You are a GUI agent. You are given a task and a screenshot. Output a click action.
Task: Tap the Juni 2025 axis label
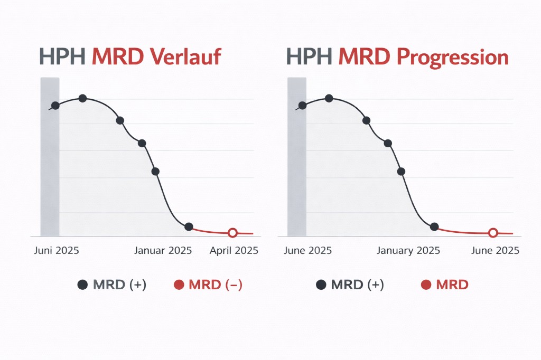coord(57,251)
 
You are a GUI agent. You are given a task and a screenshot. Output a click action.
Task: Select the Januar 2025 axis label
coord(163,251)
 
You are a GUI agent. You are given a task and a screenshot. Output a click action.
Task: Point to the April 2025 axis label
coord(234,251)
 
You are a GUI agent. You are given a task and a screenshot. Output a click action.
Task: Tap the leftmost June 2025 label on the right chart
coord(307,251)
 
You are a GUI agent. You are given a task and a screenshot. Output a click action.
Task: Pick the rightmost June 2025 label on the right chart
coord(495,251)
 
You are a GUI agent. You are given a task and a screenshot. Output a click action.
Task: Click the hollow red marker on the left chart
coord(232,233)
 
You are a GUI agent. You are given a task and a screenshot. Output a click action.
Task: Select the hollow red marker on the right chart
coord(493,233)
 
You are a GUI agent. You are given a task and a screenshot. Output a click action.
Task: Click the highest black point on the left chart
coord(82,98)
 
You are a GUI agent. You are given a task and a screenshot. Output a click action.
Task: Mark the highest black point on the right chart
coord(329,98)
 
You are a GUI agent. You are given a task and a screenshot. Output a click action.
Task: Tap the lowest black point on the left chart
coord(189,226)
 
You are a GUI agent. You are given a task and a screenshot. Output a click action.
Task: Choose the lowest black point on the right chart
coord(434,226)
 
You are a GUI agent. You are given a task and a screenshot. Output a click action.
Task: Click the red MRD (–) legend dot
coord(179,285)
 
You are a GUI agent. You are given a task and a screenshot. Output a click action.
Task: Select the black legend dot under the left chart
coord(82,285)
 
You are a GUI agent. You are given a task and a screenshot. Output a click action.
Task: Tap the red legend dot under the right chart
coord(426,285)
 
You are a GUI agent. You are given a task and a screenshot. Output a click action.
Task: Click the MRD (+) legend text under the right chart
coord(357,285)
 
